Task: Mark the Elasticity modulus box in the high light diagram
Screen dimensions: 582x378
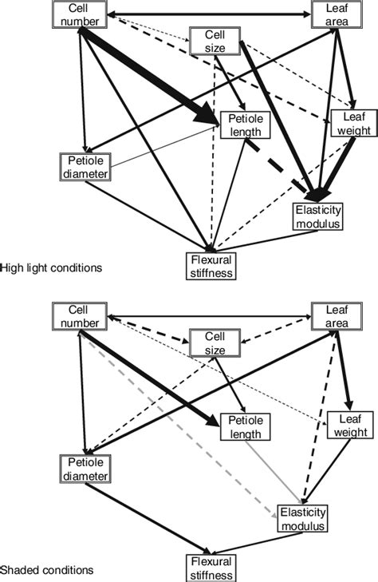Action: tap(317, 216)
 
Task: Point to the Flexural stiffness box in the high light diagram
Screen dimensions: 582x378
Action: tap(211, 266)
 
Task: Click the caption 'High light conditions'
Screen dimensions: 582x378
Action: tap(51, 268)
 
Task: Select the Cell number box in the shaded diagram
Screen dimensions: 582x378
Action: tap(80, 315)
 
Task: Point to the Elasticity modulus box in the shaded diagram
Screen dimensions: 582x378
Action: tap(302, 520)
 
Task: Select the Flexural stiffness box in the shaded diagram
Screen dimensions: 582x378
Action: tap(211, 568)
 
